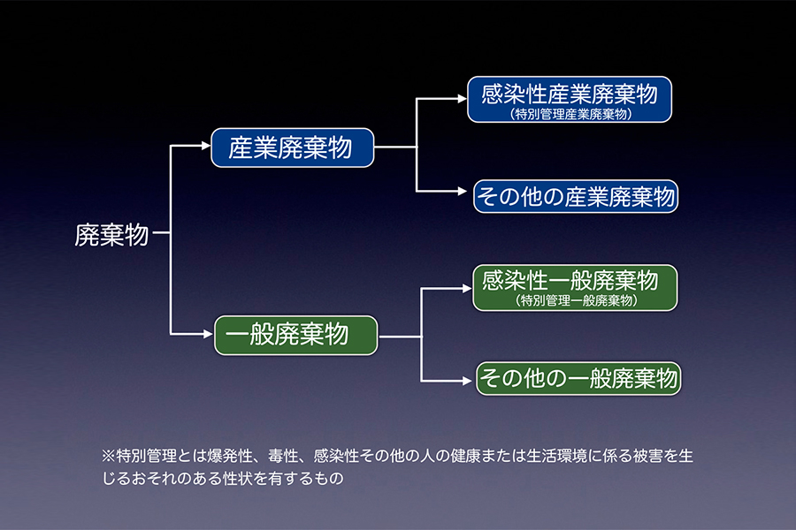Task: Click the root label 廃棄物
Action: click(x=111, y=235)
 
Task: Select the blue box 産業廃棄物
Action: click(x=293, y=148)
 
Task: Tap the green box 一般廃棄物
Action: click(x=295, y=335)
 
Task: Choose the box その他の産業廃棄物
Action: click(x=576, y=195)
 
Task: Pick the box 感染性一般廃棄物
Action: click(x=576, y=288)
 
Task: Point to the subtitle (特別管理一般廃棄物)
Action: click(x=576, y=301)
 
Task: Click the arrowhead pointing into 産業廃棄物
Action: click(x=206, y=148)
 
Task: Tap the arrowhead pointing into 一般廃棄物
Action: click(x=209, y=335)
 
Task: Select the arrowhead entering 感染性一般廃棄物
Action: click(x=466, y=288)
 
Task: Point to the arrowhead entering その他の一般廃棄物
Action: click(x=470, y=380)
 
